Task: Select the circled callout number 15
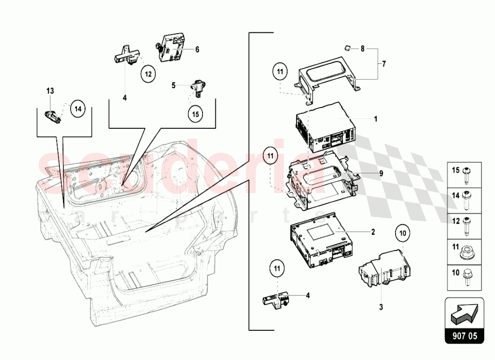195,113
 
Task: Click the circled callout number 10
402,233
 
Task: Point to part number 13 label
50,91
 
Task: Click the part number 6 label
197,50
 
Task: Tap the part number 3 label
381,307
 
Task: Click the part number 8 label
362,49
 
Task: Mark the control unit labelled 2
319,243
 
